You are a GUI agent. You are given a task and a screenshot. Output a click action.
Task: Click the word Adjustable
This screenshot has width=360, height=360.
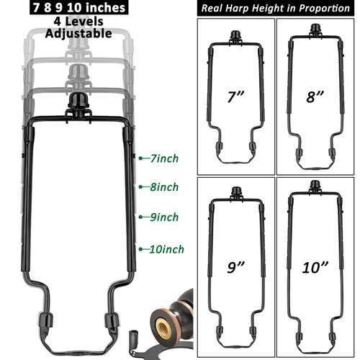[78, 33]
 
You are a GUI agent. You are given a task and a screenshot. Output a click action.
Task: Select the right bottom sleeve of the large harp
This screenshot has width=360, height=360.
[112, 321]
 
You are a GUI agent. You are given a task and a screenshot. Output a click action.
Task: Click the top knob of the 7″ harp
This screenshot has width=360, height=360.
[235, 37]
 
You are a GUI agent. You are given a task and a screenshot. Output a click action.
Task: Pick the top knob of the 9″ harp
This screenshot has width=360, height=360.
[235, 192]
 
